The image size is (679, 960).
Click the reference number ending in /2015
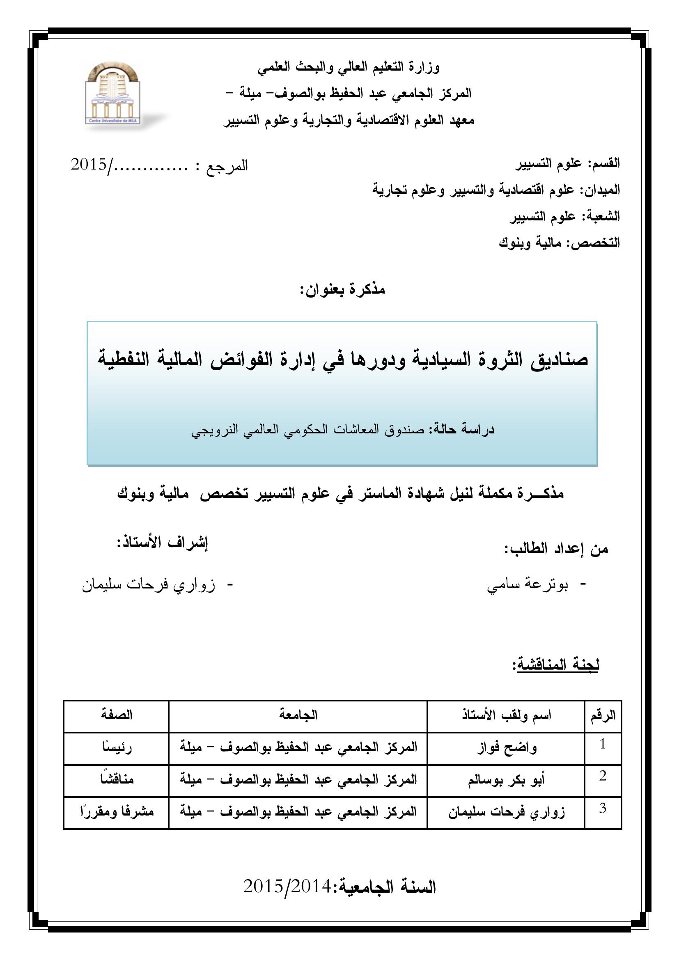pos(159,165)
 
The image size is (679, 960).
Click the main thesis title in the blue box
pos(343,360)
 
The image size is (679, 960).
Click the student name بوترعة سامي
pos(528,585)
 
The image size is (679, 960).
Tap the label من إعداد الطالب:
pos(556,549)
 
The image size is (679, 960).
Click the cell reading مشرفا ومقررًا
pos(117,812)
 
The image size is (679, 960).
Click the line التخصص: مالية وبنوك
pos(559,243)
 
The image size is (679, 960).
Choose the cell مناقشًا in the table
pos(117,779)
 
